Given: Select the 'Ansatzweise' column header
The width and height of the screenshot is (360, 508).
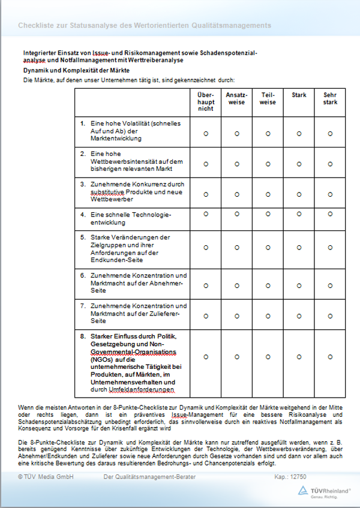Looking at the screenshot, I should (236, 98).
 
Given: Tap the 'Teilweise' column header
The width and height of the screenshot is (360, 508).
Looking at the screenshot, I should (268, 98).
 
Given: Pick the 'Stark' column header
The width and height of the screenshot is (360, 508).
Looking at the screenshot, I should (299, 95).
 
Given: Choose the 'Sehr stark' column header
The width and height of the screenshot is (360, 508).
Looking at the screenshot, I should (330, 98).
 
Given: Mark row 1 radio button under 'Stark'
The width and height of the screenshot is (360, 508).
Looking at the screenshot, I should (299, 133).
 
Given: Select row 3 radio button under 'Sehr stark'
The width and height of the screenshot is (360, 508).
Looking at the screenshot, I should (330, 194).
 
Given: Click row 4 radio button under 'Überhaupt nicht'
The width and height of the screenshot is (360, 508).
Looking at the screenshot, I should (206, 218).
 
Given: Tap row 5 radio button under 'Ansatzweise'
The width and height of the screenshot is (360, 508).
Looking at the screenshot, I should (236, 247).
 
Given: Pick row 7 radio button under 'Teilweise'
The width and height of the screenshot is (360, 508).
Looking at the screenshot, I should (268, 315).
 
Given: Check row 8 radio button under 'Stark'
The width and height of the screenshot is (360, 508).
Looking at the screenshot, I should (299, 356).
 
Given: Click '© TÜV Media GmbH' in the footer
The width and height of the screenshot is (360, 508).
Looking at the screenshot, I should (46, 477).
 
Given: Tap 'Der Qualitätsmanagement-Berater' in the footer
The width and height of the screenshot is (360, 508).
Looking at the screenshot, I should (149, 477).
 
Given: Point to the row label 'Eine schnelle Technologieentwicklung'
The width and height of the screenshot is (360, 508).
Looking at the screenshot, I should (131, 218).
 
